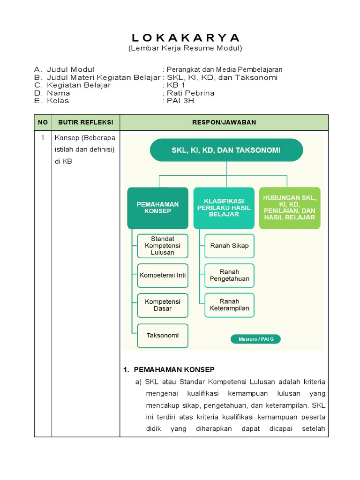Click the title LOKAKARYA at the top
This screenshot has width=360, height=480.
pos(185,37)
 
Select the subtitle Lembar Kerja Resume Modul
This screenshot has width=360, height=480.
pos(185,48)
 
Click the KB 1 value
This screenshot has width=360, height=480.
pos(176,85)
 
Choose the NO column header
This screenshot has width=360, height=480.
pos(43,122)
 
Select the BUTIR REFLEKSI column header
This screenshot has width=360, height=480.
pos(85,122)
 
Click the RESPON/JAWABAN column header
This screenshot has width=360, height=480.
pos(224,122)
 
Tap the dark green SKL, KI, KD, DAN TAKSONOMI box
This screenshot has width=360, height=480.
pos(226,150)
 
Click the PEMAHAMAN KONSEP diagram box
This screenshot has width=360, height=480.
pos(157,208)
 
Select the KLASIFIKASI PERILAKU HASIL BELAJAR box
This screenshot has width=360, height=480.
pos(224,208)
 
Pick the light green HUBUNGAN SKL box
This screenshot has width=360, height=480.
pos(290,208)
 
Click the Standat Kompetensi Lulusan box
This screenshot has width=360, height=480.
pos(163,246)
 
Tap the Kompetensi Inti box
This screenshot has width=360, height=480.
pos(163,275)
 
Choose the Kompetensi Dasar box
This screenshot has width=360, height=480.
pos(163,305)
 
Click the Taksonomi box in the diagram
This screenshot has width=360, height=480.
pos(163,336)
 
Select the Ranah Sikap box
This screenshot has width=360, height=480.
pos(230,246)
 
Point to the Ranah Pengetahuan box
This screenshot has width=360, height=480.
pos(230,275)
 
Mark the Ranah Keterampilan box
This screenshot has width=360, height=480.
pos(230,305)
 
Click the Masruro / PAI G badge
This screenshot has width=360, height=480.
pos(256,339)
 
